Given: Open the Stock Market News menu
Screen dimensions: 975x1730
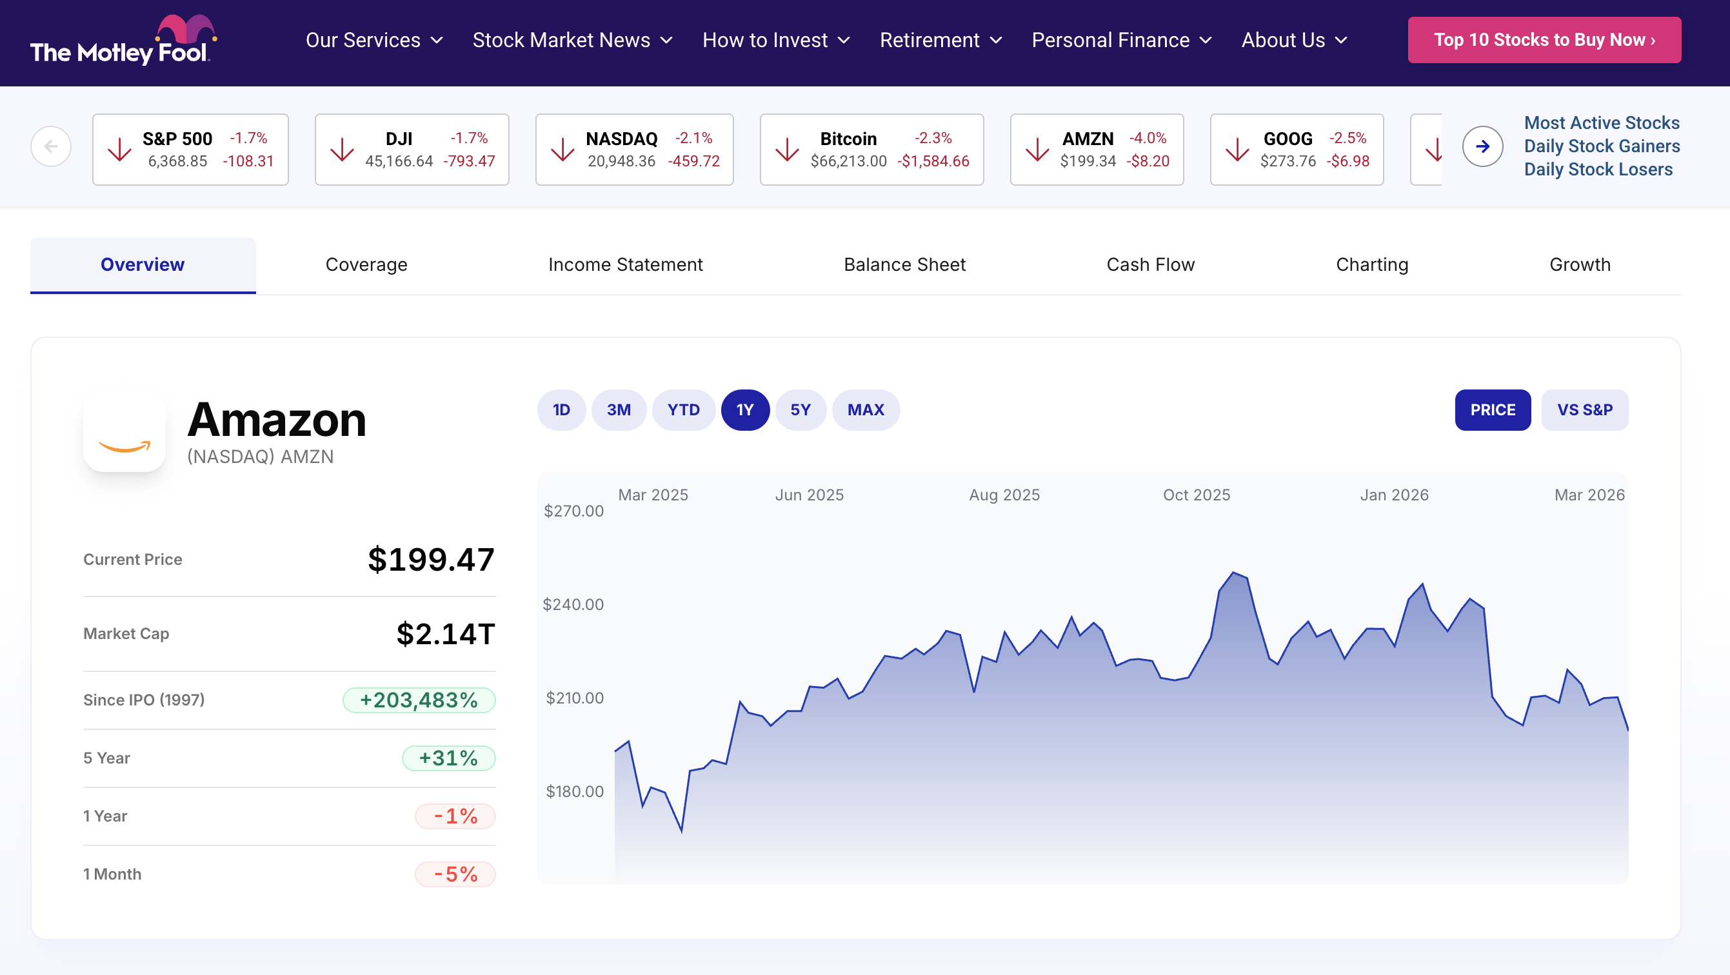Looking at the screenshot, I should (x=572, y=40).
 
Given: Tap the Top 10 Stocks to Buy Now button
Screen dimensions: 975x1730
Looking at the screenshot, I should (x=1544, y=40).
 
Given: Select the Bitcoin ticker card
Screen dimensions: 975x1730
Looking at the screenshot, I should (x=871, y=149).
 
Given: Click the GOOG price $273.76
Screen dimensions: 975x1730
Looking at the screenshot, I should (x=1288, y=161).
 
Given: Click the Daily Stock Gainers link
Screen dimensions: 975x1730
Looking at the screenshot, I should (x=1602, y=146).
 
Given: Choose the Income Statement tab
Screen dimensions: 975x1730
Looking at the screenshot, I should (x=625, y=264).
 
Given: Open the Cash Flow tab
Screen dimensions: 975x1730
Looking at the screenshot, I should (x=1150, y=264).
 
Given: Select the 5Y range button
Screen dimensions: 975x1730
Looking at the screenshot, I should (x=800, y=409).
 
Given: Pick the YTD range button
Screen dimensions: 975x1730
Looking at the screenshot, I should (x=683, y=409).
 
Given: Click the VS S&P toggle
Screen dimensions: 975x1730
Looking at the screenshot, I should (x=1584, y=409).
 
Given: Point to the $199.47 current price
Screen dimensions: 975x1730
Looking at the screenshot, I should (x=431, y=559).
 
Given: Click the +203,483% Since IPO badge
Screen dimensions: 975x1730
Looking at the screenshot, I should (x=419, y=700).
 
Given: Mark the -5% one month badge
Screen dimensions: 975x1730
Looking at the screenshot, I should (x=455, y=874).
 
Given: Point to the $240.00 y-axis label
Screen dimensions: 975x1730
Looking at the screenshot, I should (x=573, y=604).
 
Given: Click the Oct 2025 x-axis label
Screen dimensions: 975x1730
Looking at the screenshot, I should (x=1196, y=495).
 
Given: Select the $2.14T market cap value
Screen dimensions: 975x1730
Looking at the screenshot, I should (x=445, y=634).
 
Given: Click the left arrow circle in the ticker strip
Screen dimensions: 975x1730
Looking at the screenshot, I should (x=51, y=146).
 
